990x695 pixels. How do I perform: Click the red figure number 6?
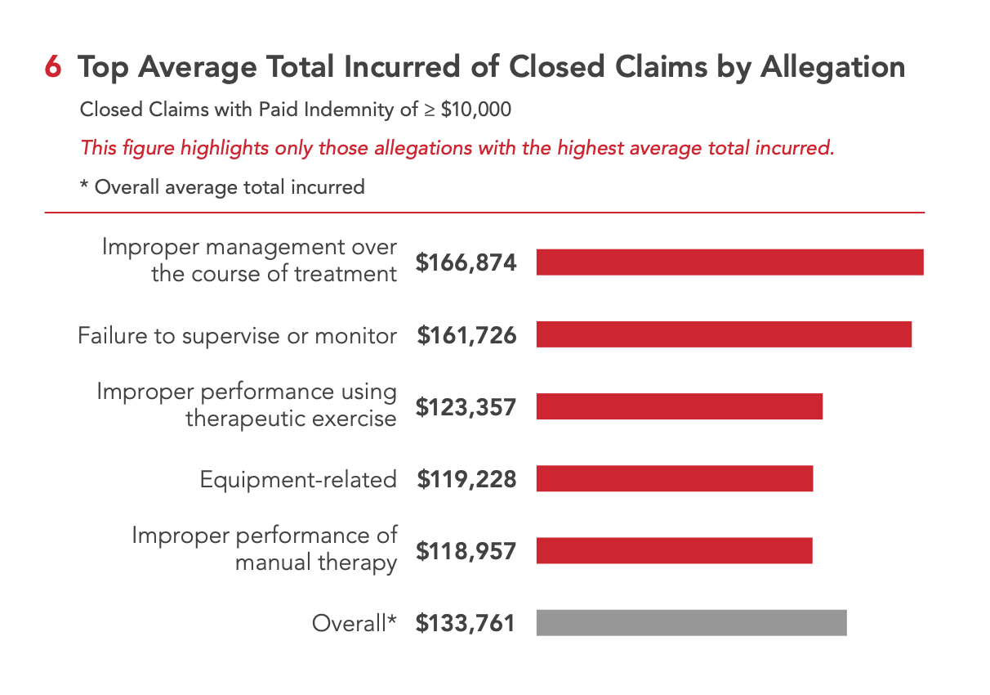point(53,68)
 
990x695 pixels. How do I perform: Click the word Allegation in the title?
point(832,68)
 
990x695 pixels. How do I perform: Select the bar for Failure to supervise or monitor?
point(724,334)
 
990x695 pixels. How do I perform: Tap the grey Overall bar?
point(691,623)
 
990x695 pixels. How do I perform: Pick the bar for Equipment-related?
point(675,479)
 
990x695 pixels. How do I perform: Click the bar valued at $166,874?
point(729,262)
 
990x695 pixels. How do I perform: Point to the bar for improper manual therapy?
point(674,551)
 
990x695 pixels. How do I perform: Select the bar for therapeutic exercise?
point(679,406)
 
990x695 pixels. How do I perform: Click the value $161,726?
point(466,335)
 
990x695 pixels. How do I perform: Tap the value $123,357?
point(466,407)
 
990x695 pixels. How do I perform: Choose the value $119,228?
point(466,479)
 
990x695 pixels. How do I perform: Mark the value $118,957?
point(466,551)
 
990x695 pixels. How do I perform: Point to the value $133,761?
point(466,624)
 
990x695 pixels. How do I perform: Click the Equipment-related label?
point(298,480)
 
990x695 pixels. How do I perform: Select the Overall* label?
point(355,624)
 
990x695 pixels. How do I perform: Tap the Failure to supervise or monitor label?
point(238,335)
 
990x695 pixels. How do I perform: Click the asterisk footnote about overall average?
point(222,187)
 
